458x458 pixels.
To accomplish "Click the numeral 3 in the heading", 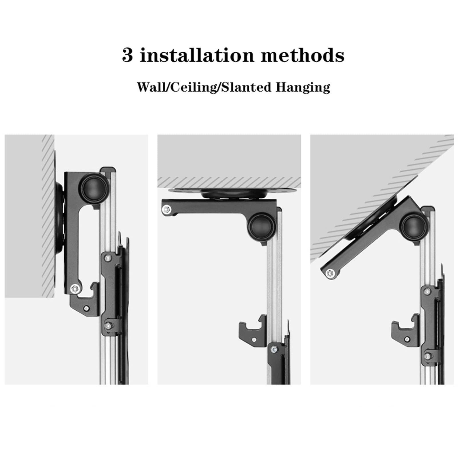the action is (x=128, y=55).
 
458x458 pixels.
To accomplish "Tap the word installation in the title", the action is (x=197, y=55).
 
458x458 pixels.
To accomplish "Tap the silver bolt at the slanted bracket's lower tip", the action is (x=330, y=273).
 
